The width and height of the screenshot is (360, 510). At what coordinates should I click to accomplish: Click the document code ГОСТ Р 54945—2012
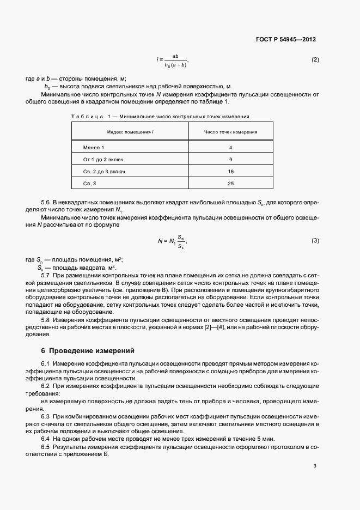point(286,40)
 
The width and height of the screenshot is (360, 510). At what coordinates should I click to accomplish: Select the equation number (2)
point(315,60)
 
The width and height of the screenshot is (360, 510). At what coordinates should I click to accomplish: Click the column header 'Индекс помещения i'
point(129,132)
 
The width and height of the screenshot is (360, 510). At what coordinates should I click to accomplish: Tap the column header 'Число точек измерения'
point(231,132)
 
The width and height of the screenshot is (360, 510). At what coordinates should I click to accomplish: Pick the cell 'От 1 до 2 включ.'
point(104,160)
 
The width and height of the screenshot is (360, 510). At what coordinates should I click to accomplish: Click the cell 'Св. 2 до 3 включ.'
point(105,172)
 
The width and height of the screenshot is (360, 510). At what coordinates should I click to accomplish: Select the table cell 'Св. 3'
point(89,184)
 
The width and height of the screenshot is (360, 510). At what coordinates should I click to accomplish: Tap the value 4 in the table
point(231,148)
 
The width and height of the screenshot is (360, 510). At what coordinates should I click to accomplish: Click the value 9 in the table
point(231,160)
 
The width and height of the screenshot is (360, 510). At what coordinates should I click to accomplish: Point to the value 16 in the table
point(231,172)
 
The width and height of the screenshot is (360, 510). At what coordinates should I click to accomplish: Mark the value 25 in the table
point(231,184)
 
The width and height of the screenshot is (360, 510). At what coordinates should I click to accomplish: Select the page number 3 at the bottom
point(315,466)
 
